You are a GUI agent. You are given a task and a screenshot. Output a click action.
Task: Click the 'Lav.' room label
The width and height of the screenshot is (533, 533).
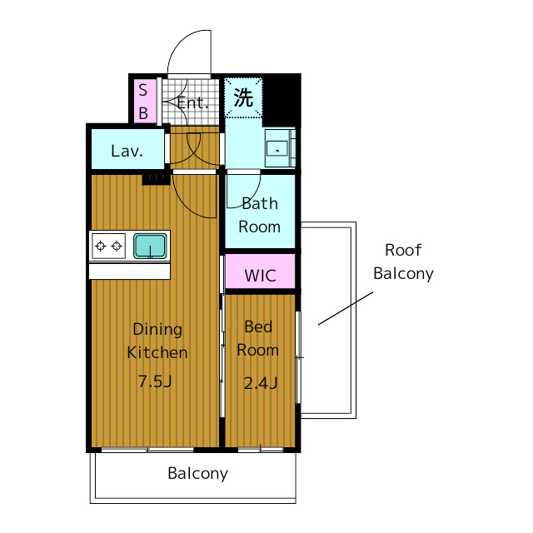(x=127, y=152)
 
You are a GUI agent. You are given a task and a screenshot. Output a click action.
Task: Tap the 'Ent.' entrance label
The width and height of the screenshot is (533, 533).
(x=192, y=103)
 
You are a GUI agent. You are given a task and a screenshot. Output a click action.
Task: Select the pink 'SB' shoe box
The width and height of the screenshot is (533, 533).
(x=142, y=101)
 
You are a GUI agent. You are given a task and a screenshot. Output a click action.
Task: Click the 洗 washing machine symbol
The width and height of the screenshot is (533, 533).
(x=243, y=98)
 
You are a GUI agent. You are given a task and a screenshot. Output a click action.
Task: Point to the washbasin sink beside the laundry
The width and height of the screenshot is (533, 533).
(x=277, y=148)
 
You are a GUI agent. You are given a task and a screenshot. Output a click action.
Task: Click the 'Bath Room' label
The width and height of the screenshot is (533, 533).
(x=259, y=215)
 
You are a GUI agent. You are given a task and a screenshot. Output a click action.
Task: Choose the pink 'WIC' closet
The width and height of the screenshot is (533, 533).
(x=260, y=276)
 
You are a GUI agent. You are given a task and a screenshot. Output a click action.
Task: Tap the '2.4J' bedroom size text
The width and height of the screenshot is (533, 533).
(x=259, y=383)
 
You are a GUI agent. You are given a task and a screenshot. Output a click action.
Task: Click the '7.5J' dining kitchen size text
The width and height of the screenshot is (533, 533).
(x=155, y=382)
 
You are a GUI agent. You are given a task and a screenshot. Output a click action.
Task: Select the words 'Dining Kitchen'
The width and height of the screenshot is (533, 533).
(x=157, y=341)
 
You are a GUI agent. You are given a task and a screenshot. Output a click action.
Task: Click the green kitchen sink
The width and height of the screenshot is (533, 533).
(x=150, y=246)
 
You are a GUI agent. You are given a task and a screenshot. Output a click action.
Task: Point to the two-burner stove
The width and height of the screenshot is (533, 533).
(x=108, y=246)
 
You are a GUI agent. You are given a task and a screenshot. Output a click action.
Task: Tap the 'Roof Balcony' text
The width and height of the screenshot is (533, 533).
(x=403, y=262)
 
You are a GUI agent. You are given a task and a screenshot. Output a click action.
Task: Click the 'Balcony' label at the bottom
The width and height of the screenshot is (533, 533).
(x=197, y=474)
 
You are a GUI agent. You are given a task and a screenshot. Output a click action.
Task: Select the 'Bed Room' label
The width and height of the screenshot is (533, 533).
(x=258, y=339)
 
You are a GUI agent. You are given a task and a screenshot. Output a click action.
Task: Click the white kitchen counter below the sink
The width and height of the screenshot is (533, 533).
(x=129, y=271)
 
